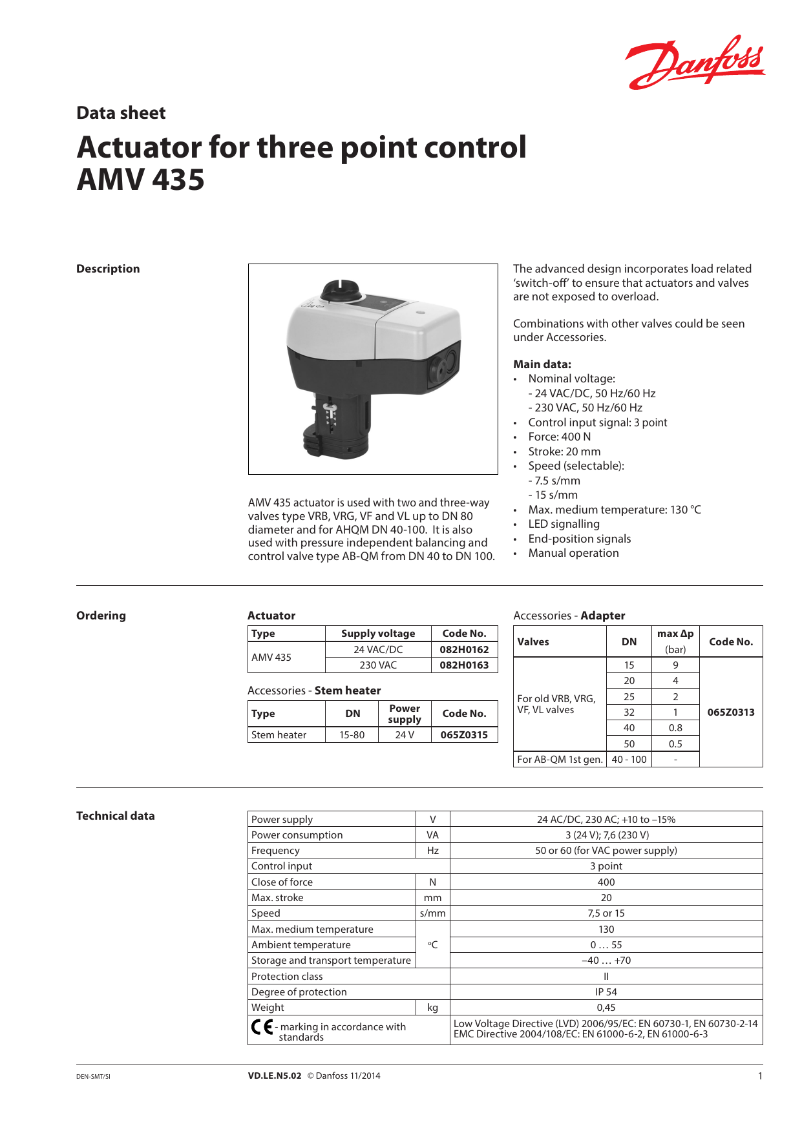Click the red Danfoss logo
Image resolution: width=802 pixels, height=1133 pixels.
point(695,63)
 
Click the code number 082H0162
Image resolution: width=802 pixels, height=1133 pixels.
point(464,650)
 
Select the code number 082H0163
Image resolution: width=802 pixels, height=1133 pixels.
point(464,665)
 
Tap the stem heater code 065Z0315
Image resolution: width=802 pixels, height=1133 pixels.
point(464,735)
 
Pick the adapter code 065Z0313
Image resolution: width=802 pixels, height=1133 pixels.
point(731,712)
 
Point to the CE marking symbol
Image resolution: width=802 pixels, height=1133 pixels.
point(262,1026)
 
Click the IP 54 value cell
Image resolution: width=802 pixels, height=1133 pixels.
point(606,992)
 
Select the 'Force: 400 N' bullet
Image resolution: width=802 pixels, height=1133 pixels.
point(559,437)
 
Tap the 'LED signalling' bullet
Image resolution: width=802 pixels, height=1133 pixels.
point(564,524)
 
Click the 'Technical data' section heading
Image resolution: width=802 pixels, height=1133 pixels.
point(116,816)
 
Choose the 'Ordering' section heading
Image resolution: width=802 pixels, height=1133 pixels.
point(101,616)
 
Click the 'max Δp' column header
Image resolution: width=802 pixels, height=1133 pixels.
point(675,634)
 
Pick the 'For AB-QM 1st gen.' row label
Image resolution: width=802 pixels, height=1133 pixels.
point(560,760)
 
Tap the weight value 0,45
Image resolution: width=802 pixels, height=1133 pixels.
point(606,1008)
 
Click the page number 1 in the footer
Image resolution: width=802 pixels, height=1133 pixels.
point(760,1076)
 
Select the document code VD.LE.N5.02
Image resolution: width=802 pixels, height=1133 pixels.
point(275,1076)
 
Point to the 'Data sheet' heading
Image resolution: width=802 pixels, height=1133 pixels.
point(121,113)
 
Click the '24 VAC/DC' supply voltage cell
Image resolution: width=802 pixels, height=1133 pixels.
point(378,650)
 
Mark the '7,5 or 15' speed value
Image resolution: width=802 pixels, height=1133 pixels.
point(606,913)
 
